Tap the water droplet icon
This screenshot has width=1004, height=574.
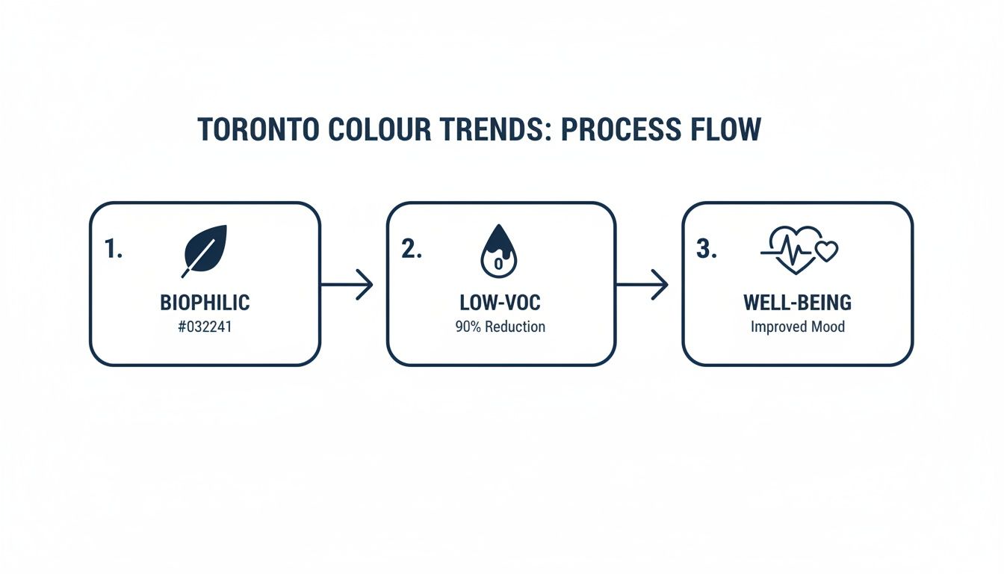tap(498, 251)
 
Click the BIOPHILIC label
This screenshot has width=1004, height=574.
tap(205, 303)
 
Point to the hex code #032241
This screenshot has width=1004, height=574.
tap(205, 327)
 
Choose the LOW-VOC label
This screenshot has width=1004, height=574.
tap(501, 303)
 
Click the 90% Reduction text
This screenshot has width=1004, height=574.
tap(501, 327)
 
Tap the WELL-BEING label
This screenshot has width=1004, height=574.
tap(797, 303)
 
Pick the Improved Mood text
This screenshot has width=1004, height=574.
tap(797, 327)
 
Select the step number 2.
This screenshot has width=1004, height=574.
tap(411, 250)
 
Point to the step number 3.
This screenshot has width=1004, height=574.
tap(706, 250)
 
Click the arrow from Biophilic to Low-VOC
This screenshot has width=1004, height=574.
tap(347, 284)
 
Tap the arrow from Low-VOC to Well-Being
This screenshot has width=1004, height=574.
tap(642, 284)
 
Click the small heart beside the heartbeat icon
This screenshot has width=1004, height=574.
tap(826, 252)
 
